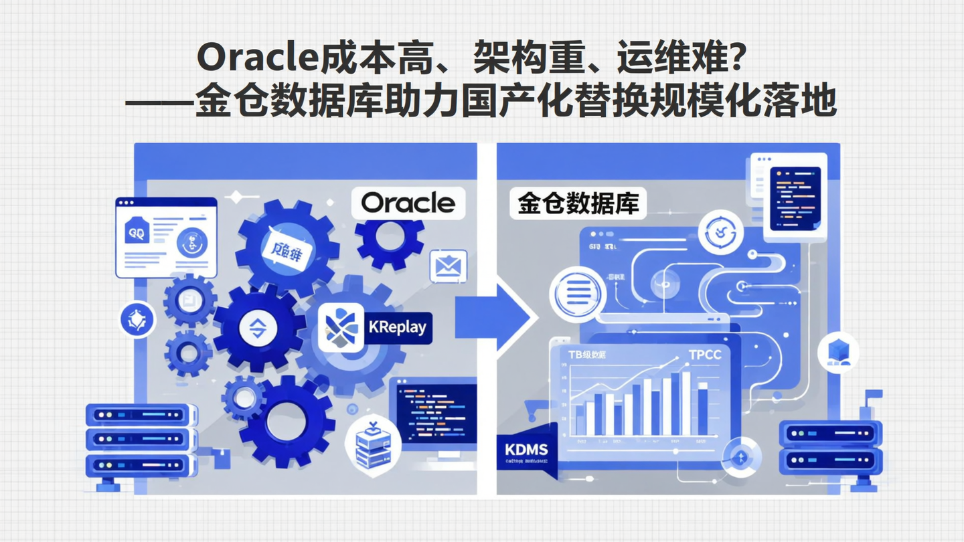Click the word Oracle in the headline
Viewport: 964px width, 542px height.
click(x=255, y=60)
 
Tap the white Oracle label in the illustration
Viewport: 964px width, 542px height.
click(x=408, y=202)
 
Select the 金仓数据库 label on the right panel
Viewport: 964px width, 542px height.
click(x=578, y=203)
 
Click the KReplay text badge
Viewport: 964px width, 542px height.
click(x=397, y=328)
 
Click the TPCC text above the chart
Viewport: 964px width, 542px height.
click(x=704, y=355)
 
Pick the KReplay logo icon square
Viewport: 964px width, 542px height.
click(x=341, y=328)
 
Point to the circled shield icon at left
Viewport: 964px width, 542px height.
click(x=137, y=319)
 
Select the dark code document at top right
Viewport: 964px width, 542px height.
click(x=795, y=199)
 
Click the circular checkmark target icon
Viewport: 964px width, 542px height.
click(x=720, y=232)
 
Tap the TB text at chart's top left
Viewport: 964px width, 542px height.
click(x=576, y=355)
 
